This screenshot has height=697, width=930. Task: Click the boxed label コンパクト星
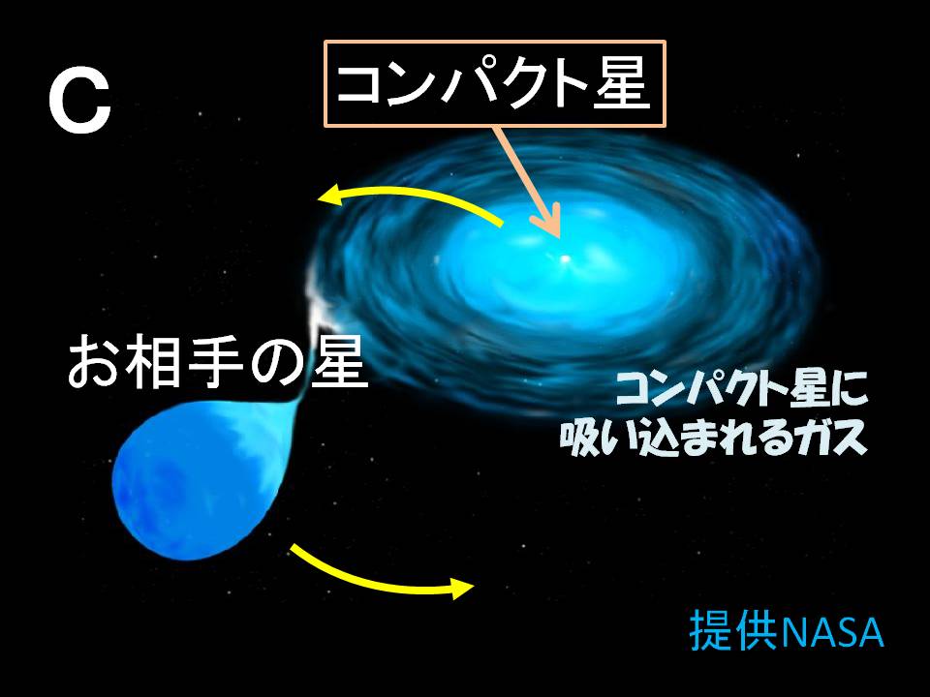(495, 83)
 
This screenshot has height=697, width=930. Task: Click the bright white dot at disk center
(565, 258)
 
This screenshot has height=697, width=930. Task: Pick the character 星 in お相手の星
(338, 363)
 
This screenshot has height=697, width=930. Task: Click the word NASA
(832, 633)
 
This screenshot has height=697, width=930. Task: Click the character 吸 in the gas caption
(581, 439)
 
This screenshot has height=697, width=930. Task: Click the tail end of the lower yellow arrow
(292, 548)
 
